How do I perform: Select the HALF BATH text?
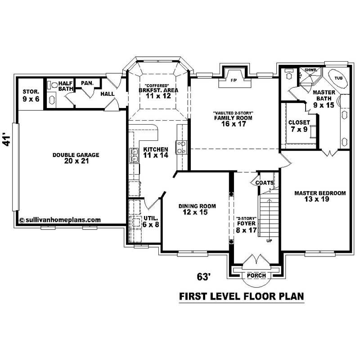65,86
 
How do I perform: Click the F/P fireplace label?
234,81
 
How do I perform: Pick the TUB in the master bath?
337,78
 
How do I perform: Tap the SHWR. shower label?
310,71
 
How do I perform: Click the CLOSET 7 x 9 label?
299,126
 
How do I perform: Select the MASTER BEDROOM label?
320,196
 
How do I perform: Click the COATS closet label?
264,183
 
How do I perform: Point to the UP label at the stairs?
270,241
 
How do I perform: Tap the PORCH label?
256,275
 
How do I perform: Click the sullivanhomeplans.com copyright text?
60,220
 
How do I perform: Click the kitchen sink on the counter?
134,156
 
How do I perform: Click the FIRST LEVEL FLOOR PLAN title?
242,297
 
